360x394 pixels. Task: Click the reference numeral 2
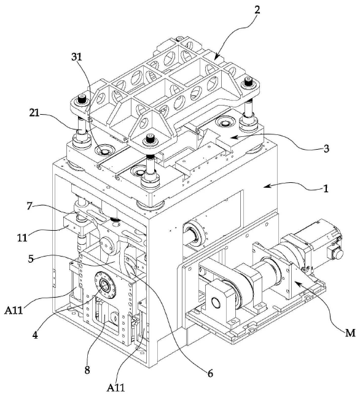pos(257,10)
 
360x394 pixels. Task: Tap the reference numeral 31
pos(77,57)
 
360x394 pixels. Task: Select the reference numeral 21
pos(34,113)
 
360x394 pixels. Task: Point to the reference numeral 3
pos(326,149)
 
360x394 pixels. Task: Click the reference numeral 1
pos(326,188)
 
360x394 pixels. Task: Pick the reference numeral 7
pos(29,206)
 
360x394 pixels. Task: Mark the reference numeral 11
pos(22,238)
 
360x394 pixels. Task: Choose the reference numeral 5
pos(31,258)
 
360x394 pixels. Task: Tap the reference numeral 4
pos(36,335)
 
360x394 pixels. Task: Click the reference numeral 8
pos(87,370)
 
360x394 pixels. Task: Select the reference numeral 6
pos(210,373)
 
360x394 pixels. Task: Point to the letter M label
pos(350,333)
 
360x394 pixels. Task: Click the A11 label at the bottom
pos(115,387)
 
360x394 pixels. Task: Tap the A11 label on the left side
pos(14,311)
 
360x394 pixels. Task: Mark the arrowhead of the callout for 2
pos(217,56)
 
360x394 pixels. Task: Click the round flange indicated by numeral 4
pos(105,285)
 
